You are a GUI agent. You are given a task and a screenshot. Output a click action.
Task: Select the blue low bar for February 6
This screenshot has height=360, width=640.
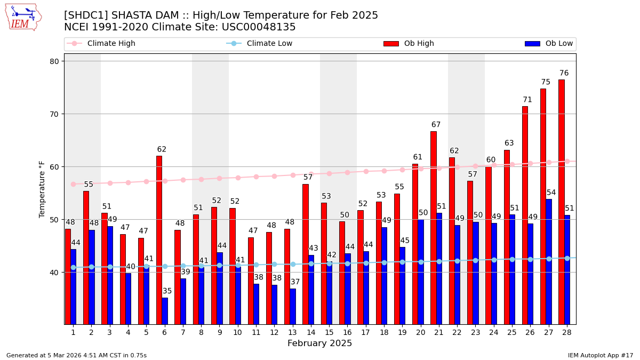click(x=165, y=311)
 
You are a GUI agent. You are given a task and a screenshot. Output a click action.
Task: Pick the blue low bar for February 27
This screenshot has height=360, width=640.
click(x=549, y=261)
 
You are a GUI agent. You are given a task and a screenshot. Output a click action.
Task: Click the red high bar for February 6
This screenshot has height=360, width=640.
click(x=159, y=240)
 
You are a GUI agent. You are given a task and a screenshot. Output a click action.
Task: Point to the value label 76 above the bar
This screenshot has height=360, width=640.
click(x=564, y=73)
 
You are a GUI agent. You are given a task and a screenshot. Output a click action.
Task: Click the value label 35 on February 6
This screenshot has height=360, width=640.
click(x=167, y=291)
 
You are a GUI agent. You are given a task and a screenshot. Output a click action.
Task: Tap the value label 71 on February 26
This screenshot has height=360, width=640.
click(x=527, y=100)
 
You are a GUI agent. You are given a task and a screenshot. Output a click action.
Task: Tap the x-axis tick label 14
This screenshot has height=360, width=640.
click(x=311, y=332)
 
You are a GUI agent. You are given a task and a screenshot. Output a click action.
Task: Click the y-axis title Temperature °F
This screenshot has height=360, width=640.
click(x=42, y=189)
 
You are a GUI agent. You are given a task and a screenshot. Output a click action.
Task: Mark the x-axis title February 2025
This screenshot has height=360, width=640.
click(x=319, y=343)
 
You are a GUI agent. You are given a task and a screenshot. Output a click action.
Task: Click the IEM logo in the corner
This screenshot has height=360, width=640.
click(x=23, y=17)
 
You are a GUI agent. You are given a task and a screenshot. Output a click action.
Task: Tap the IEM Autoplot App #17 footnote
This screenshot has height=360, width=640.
click(x=600, y=355)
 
